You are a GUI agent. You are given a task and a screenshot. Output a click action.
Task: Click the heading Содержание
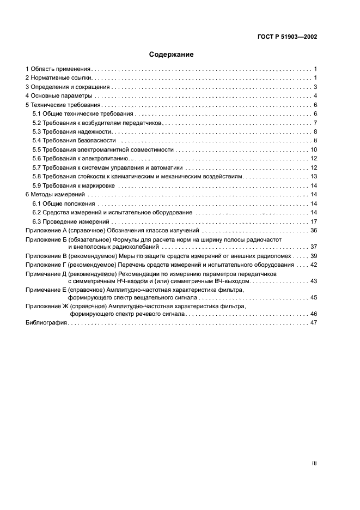click(x=172, y=55)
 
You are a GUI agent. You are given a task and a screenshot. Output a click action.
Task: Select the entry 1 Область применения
click(x=58, y=69)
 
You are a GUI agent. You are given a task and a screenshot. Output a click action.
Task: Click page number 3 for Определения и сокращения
click(x=315, y=87)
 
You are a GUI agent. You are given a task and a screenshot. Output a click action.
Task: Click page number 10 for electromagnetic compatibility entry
click(x=314, y=149)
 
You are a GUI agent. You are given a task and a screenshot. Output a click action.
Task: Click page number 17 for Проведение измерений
click(x=314, y=221)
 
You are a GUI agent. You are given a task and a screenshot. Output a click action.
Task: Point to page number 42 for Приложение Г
click(x=314, y=265)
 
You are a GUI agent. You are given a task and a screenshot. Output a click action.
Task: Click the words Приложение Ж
click(x=46, y=307)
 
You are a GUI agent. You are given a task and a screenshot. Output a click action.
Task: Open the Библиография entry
click(x=46, y=323)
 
